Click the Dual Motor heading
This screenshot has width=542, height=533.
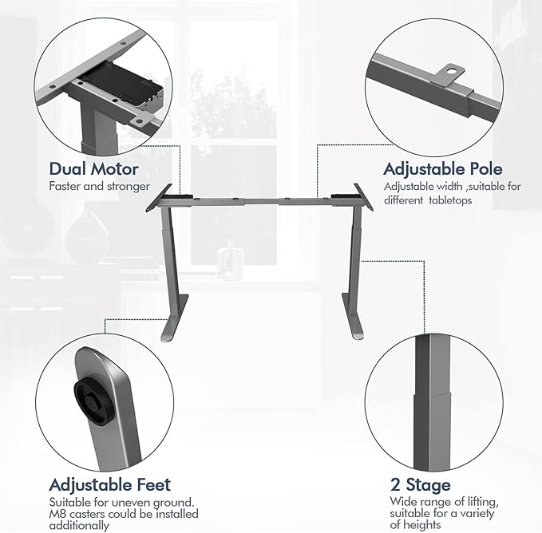pos(93,168)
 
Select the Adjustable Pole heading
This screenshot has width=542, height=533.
pos(442,168)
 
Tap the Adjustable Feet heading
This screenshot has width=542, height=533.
pos(109,484)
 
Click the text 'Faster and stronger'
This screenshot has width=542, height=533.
pos(99,187)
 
